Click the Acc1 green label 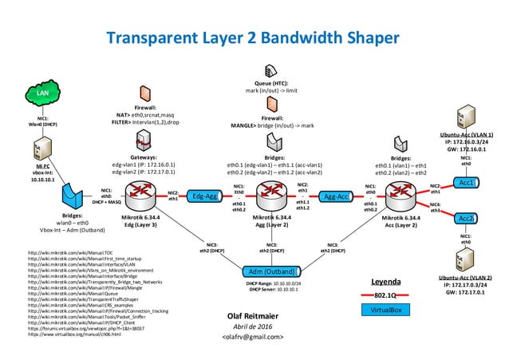coord(467,183)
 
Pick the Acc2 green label coord(467,218)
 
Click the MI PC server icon coord(40,147)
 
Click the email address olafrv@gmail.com coord(253,338)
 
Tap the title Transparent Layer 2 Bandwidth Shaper coord(253,38)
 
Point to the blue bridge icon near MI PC coord(73,195)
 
